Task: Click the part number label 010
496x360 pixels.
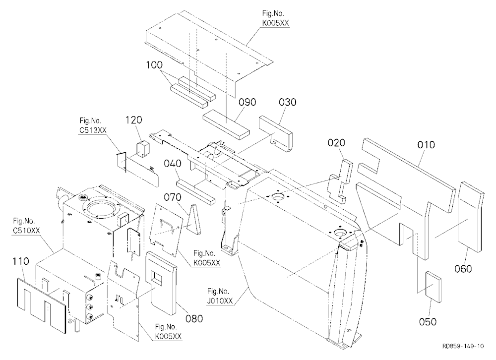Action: [426, 145]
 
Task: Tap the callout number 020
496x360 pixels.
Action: [336, 143]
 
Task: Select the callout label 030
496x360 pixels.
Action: [288, 102]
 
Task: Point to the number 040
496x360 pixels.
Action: [173, 164]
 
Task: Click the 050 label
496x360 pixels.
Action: [428, 322]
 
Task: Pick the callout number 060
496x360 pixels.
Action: [463, 269]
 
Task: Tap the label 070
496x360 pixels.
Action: [173, 197]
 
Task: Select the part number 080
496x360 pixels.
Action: [194, 318]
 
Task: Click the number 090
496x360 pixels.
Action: [248, 102]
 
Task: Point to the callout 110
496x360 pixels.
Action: [20, 261]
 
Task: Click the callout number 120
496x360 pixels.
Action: [134, 120]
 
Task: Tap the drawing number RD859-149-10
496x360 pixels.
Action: [463, 346]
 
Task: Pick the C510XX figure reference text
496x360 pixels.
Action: [27, 231]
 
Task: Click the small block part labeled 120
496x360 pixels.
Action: [143, 149]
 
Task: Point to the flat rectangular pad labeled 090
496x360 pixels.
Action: [226, 124]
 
